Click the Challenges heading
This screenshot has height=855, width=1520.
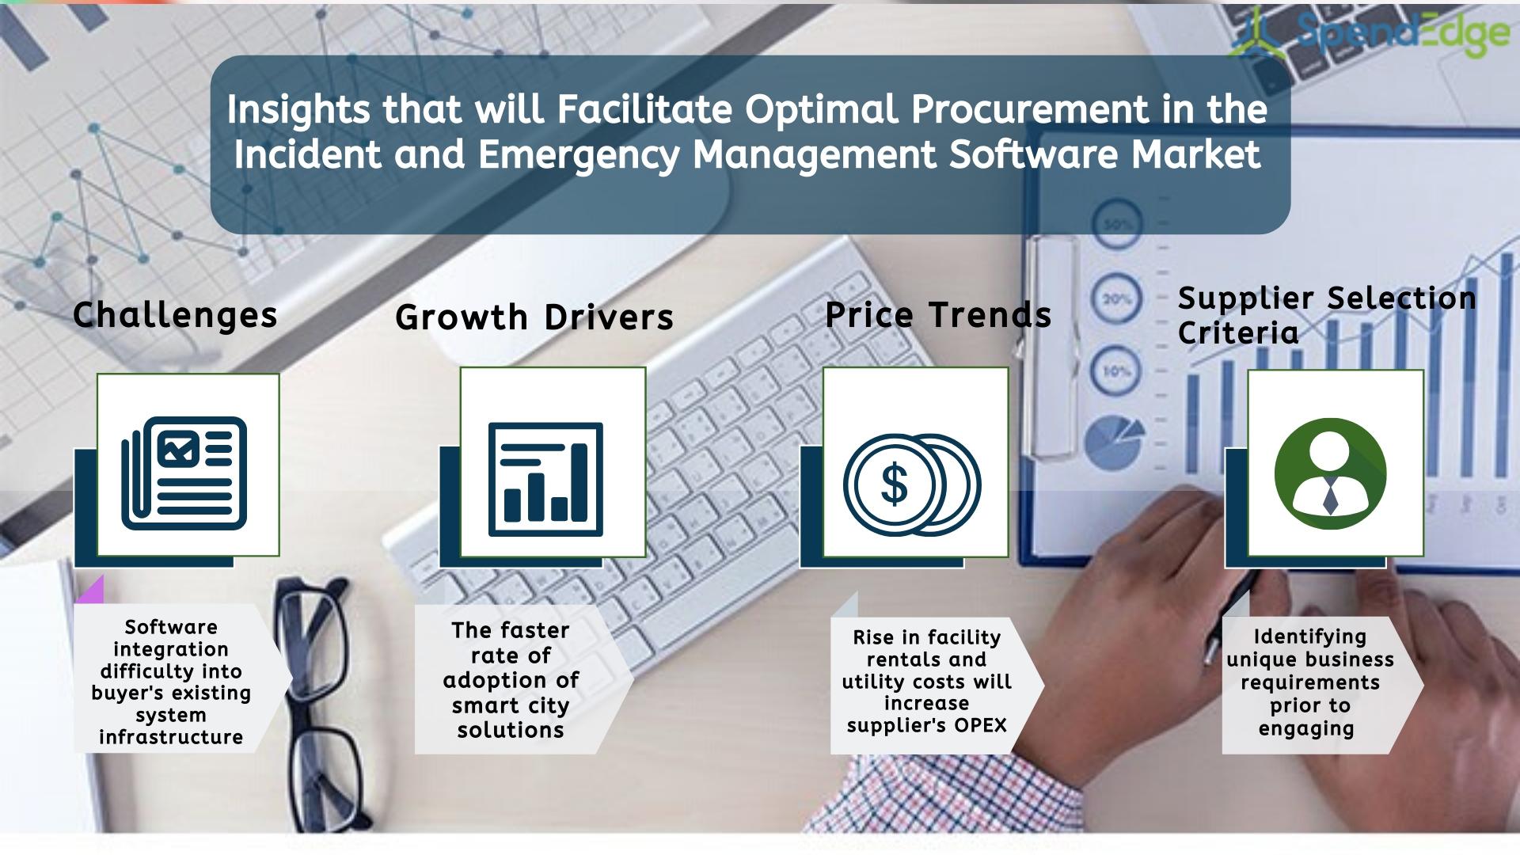point(175,316)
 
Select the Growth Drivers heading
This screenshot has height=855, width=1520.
point(534,317)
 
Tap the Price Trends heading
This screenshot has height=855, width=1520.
point(938,314)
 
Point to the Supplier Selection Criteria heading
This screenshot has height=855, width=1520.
point(1327,315)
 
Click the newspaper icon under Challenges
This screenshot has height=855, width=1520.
point(184,473)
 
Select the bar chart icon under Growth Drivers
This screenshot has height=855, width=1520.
point(545,479)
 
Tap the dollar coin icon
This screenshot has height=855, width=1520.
point(912,484)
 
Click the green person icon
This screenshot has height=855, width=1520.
point(1331,473)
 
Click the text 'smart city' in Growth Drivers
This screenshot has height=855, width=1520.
point(511,705)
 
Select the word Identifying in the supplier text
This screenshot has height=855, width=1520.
point(1310,637)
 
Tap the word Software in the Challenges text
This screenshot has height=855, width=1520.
point(171,627)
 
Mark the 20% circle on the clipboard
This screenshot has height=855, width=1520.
point(1117,300)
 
